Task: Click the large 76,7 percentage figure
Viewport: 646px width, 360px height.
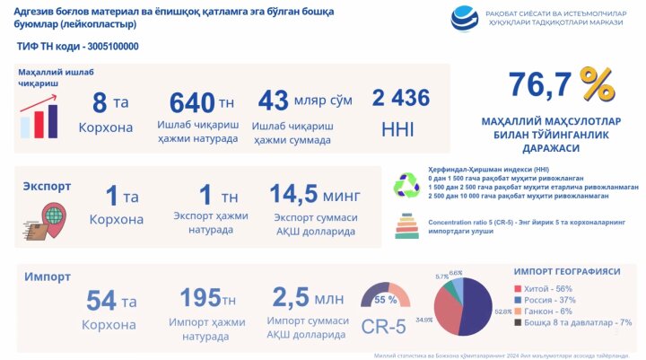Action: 540,86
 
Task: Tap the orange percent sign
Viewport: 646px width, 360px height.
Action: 596,85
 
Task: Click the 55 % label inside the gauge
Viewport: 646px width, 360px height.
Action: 385,299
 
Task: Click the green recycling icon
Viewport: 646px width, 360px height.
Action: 406,185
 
